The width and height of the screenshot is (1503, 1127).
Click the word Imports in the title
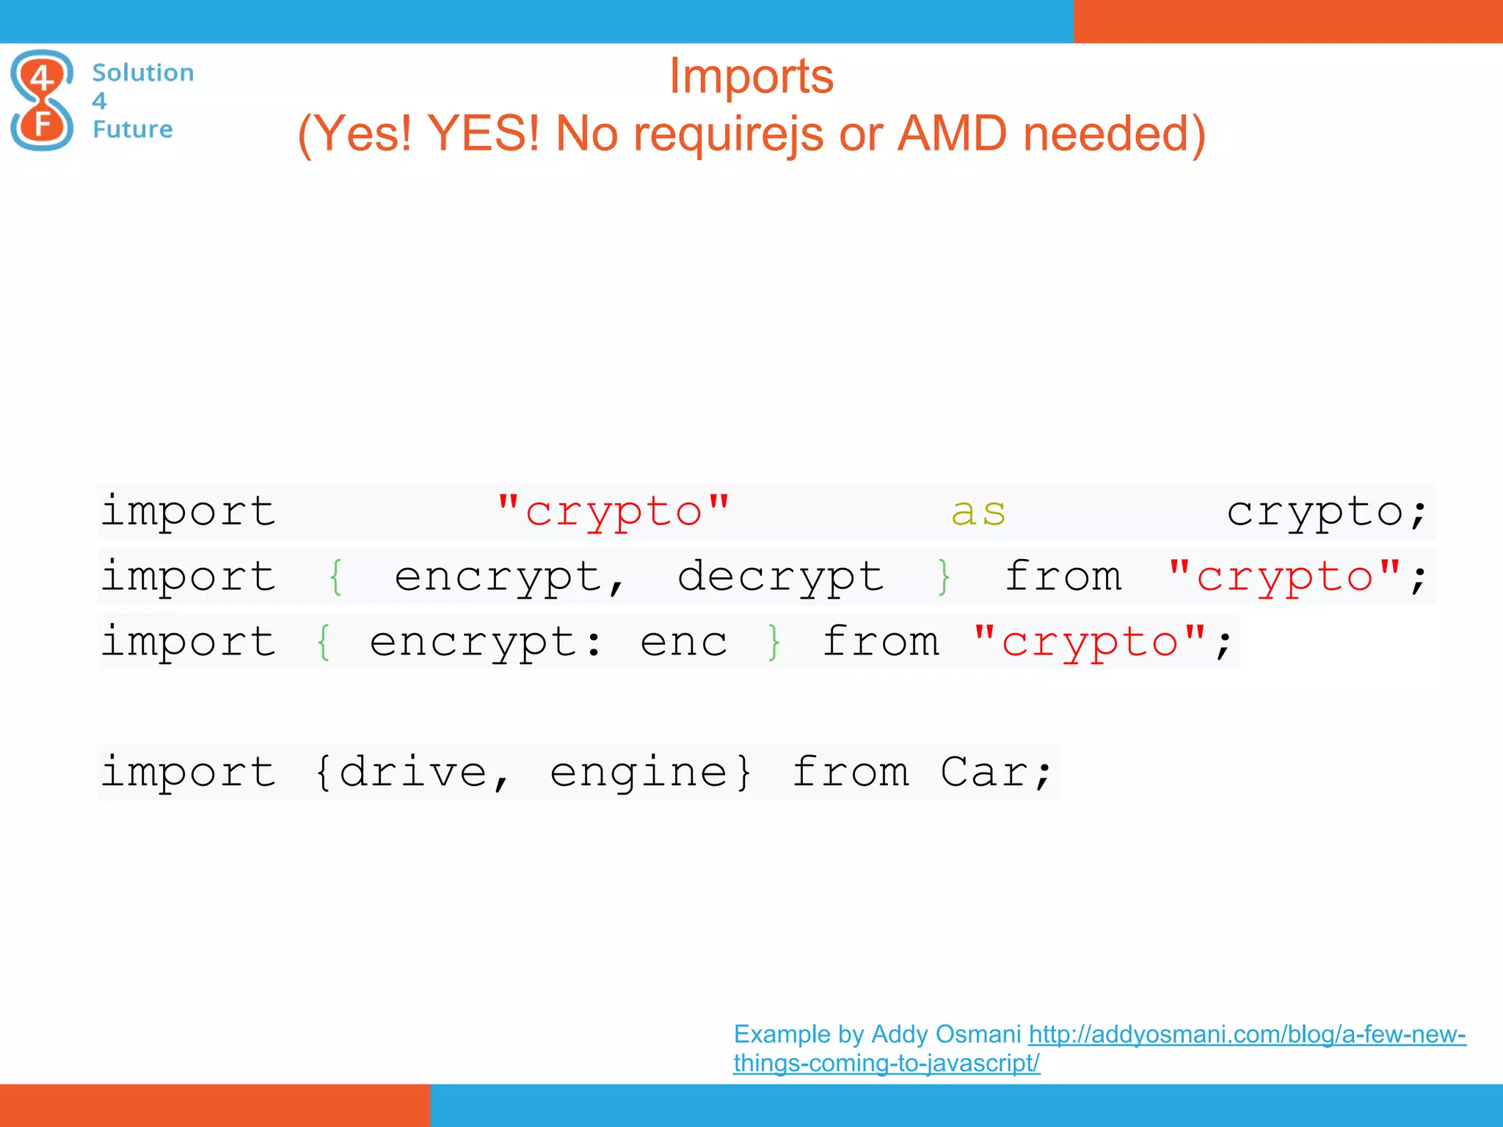[x=751, y=76]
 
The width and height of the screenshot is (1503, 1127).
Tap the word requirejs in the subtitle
[x=727, y=134]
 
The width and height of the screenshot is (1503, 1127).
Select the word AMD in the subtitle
[x=952, y=134]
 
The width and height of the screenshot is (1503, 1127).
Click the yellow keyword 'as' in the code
[x=978, y=512]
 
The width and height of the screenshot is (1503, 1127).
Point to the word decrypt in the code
[x=780, y=577]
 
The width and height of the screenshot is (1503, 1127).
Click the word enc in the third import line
[x=683, y=643]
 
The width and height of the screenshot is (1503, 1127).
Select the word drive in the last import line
[x=413, y=773]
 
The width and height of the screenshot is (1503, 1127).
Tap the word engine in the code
[x=638, y=773]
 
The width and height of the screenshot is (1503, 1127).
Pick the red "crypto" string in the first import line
[x=614, y=512]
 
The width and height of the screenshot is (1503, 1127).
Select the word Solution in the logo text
[x=143, y=73]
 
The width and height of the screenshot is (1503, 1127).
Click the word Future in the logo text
[x=133, y=129]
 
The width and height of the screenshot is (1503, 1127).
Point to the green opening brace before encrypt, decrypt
[x=336, y=577]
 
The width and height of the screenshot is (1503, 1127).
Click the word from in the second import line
[x=1063, y=577]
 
